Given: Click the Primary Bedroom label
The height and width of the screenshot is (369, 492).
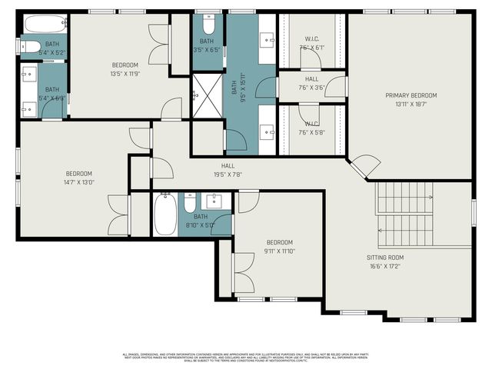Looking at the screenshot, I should [x=411, y=95].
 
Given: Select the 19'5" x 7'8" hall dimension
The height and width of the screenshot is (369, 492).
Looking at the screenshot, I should [x=228, y=174].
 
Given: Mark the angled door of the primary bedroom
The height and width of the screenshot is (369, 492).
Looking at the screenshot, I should [x=364, y=164].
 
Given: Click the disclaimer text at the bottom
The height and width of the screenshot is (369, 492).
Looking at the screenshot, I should [x=246, y=357].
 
